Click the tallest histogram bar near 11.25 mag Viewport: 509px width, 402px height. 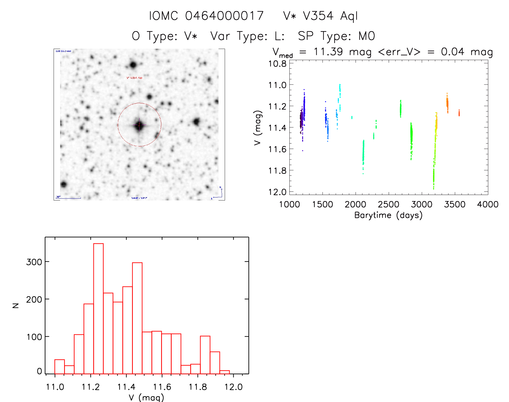point(98,308)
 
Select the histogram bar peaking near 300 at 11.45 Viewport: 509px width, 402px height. point(137,318)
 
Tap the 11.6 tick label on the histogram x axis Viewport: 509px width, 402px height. point(162,387)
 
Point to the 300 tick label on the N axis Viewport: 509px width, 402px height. point(34,262)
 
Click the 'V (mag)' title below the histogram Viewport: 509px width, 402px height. point(146,397)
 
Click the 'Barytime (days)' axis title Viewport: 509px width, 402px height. point(388,215)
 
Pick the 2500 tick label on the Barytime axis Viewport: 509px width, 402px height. point(389,204)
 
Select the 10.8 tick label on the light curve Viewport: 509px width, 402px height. point(277,64)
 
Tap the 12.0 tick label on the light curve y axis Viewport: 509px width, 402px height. point(277,192)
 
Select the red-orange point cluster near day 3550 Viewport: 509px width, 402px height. point(459,113)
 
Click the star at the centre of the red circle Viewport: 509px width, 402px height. point(139,125)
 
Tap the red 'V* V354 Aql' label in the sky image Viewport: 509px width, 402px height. point(134,78)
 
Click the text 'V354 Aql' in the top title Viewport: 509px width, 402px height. point(330,16)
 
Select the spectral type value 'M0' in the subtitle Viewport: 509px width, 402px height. point(367,36)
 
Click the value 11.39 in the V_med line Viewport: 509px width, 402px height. point(328,52)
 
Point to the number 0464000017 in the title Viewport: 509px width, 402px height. point(224,16)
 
